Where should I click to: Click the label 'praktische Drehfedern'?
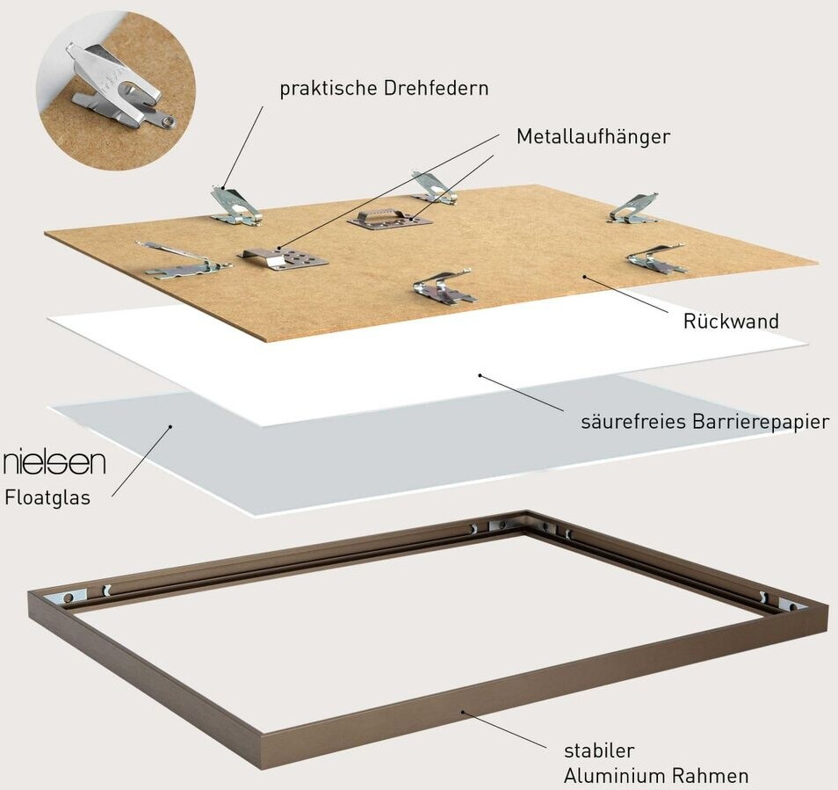pos(384,89)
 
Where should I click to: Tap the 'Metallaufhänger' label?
pos(593,137)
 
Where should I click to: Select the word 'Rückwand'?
pos(731,321)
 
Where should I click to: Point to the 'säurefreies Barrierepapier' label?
pos(704,422)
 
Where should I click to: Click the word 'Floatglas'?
pos(47,497)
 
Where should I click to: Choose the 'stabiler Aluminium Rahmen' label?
pos(655,764)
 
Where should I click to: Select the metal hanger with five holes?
pos(283,257)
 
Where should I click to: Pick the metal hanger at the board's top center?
pos(390,217)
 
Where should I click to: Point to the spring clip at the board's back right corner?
pos(634,208)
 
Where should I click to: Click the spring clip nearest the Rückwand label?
pos(656,259)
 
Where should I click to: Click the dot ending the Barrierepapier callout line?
pos(480,375)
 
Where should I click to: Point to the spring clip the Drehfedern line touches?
pos(233,205)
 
